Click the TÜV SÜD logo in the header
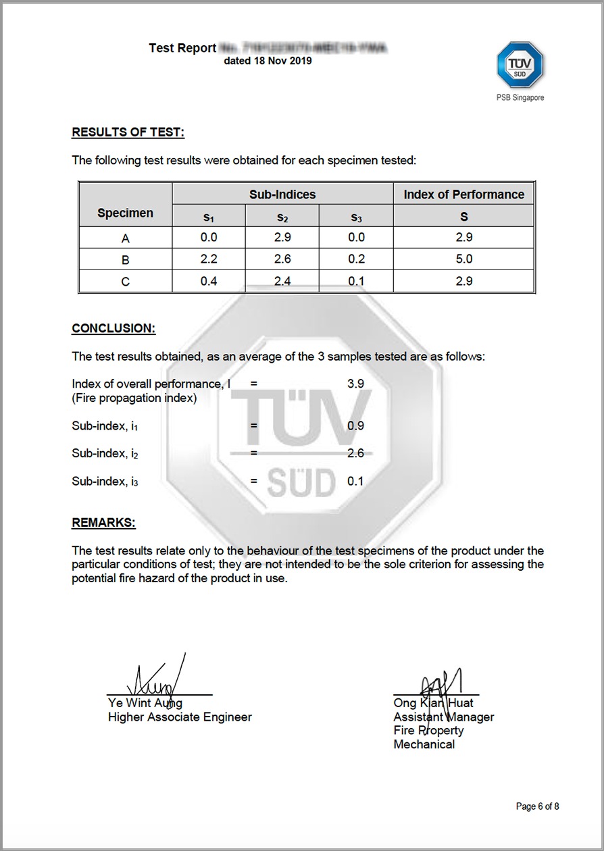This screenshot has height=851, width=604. tap(520, 66)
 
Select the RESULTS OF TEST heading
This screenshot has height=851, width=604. tap(128, 132)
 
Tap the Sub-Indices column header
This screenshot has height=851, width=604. tap(282, 195)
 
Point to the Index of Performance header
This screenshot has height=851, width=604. tap(463, 195)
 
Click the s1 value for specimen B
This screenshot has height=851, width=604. tap(209, 259)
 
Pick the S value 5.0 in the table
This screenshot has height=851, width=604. tap(463, 259)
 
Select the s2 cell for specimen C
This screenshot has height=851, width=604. tap(282, 281)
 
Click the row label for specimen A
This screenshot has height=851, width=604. tap(125, 238)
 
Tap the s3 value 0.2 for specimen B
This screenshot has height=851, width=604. tap(356, 259)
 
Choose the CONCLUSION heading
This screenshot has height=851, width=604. tap(114, 328)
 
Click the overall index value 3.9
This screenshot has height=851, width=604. tap(355, 384)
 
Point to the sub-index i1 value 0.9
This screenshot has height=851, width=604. tap(355, 425)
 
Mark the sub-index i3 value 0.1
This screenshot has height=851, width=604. tap(355, 481)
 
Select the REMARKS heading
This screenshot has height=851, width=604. tap(103, 523)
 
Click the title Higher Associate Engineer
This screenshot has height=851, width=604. tap(180, 717)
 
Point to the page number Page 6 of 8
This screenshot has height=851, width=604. tap(537, 806)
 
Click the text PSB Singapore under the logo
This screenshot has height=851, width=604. tap(520, 98)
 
